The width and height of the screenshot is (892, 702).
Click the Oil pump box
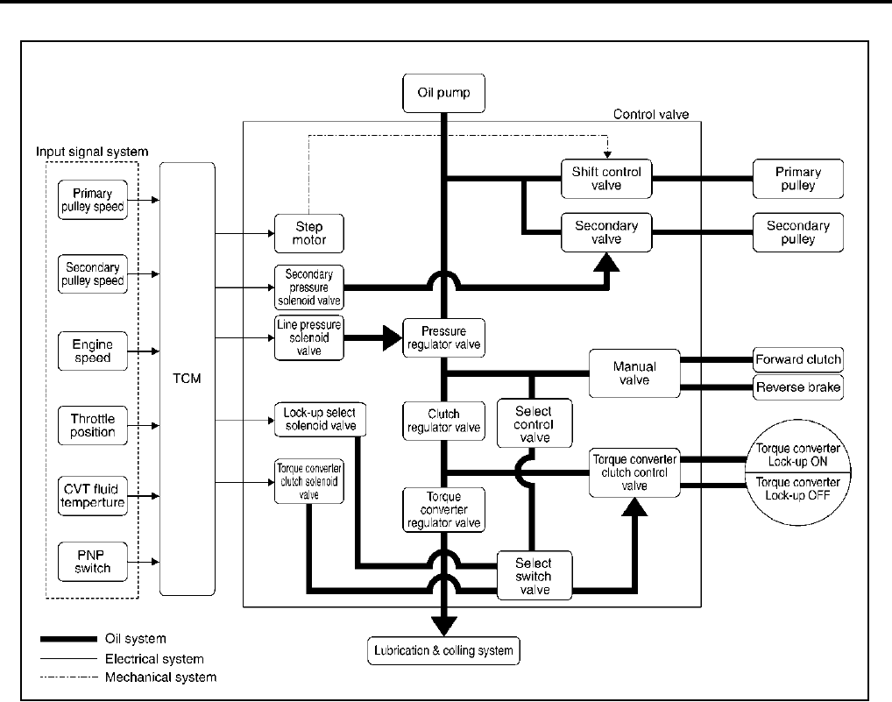pyautogui.click(x=442, y=93)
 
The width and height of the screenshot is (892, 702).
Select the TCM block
pyautogui.click(x=187, y=378)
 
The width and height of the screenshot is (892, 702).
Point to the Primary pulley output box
pyautogui.click(x=797, y=179)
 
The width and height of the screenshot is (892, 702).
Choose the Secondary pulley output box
pyautogui.click(x=797, y=232)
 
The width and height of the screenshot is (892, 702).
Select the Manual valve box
pyautogui.click(x=634, y=372)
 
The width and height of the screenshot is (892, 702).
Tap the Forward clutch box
pyautogui.click(x=797, y=358)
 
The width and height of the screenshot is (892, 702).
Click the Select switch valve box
pyautogui.click(x=534, y=576)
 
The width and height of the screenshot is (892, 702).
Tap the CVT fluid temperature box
pyautogui.click(x=92, y=496)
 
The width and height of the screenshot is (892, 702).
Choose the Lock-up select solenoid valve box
pyautogui.click(x=318, y=418)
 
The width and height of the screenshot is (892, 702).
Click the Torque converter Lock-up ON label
pyautogui.click(x=797, y=456)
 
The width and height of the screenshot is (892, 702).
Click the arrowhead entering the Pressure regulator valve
pyautogui.click(x=388, y=337)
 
